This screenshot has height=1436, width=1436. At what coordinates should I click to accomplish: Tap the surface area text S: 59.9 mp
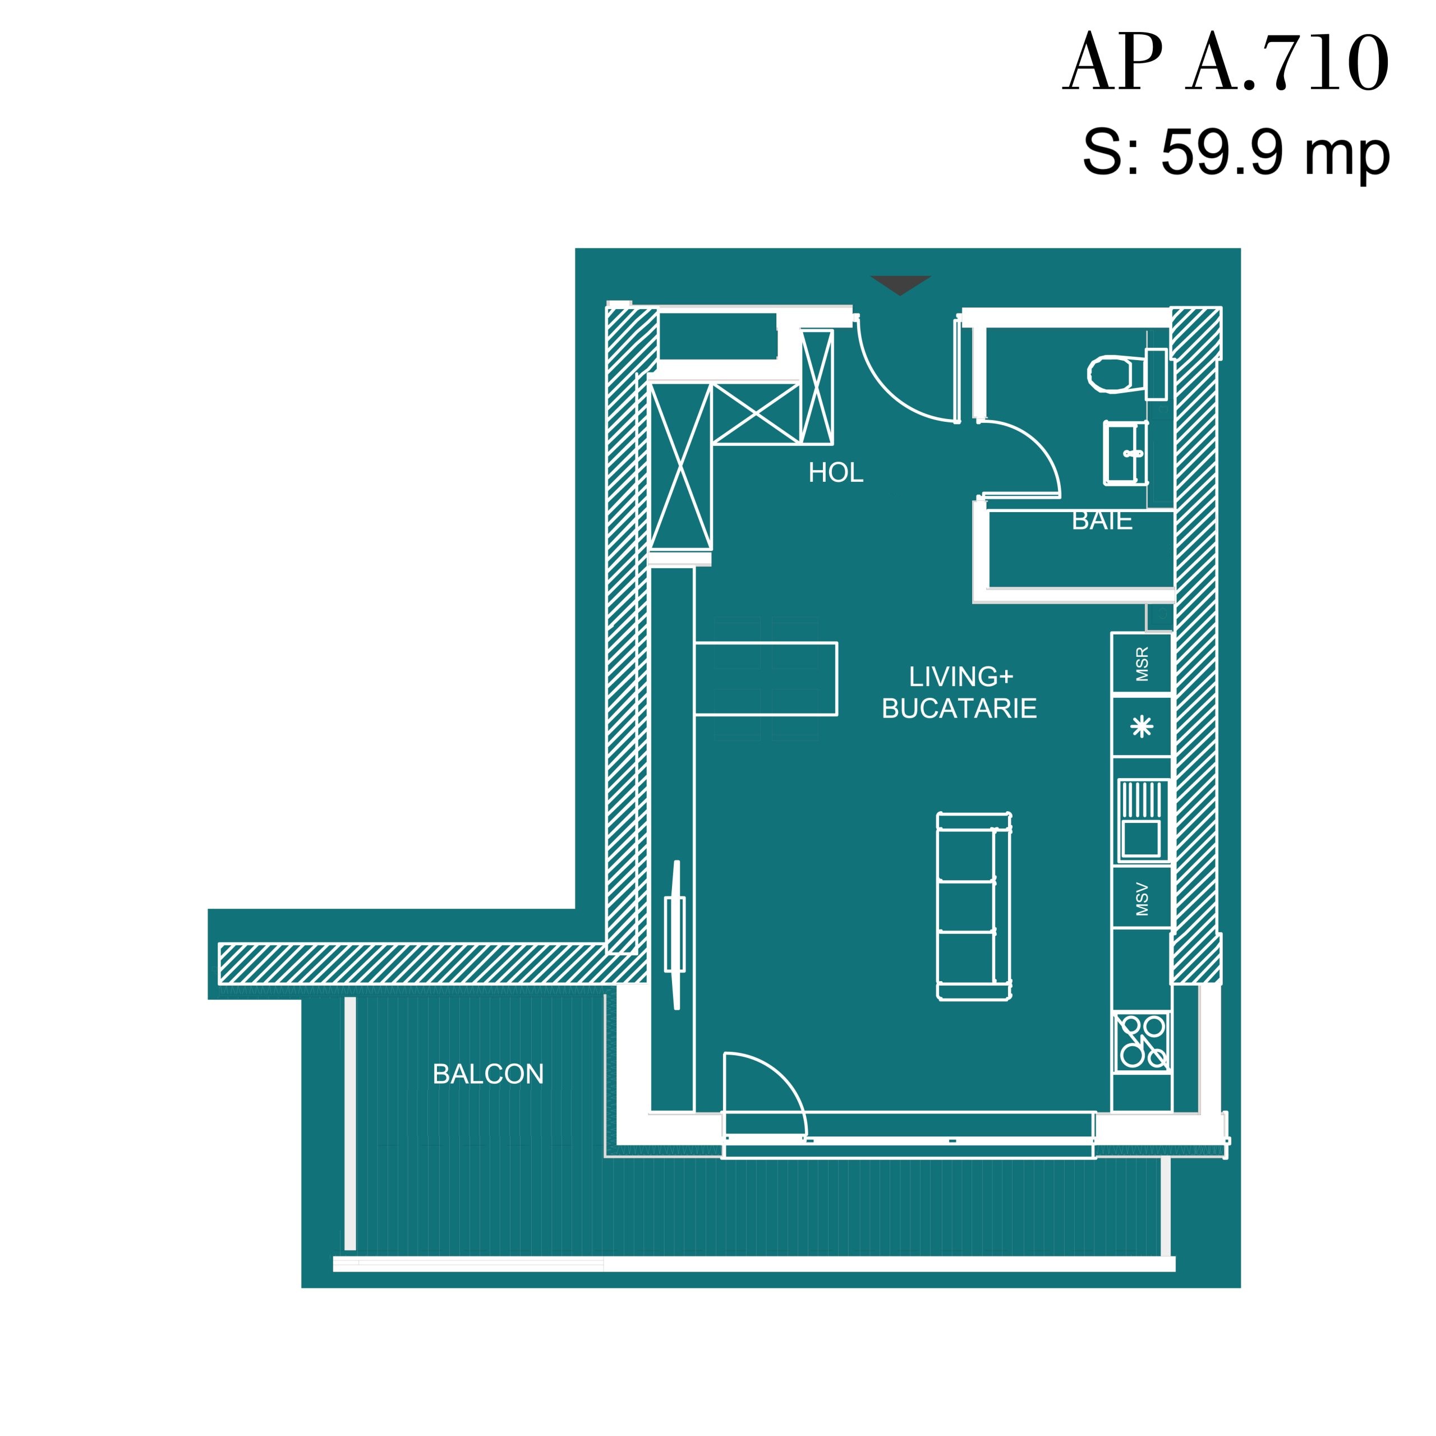[1235, 153]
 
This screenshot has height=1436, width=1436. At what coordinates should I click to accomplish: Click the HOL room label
[836, 473]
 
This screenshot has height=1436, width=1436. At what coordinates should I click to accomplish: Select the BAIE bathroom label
[1102, 521]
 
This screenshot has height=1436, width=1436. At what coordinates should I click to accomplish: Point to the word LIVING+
[961, 676]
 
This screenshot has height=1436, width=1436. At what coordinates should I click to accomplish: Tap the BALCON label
[489, 1074]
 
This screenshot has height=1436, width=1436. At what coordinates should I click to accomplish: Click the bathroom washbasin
[1126, 453]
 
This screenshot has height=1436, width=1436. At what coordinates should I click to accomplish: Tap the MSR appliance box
[1142, 664]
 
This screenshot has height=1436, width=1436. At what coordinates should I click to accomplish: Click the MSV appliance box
[1142, 899]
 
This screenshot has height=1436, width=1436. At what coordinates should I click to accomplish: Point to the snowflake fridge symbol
[1142, 726]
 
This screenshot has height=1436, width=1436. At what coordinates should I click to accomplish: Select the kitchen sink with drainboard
[1142, 821]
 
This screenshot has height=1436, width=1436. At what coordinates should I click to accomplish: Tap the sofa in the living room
[974, 906]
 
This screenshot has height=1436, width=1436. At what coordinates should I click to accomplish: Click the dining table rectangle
[766, 679]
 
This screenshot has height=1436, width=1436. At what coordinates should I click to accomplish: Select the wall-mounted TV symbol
[675, 935]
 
